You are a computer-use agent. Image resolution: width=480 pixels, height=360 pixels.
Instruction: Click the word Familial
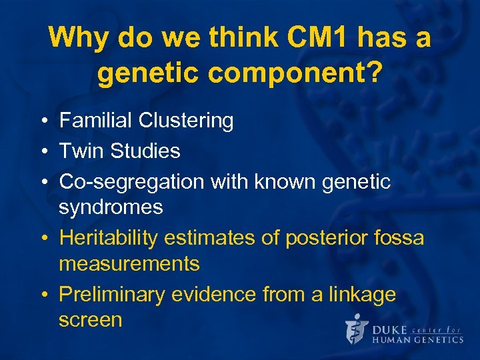(95, 121)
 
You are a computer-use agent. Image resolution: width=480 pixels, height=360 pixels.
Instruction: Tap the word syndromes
(111, 207)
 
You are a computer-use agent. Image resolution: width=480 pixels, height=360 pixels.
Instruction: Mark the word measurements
(129, 264)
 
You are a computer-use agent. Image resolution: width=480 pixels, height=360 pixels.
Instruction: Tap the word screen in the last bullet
(90, 320)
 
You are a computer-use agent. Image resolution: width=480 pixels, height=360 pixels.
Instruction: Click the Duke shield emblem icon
(357, 329)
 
